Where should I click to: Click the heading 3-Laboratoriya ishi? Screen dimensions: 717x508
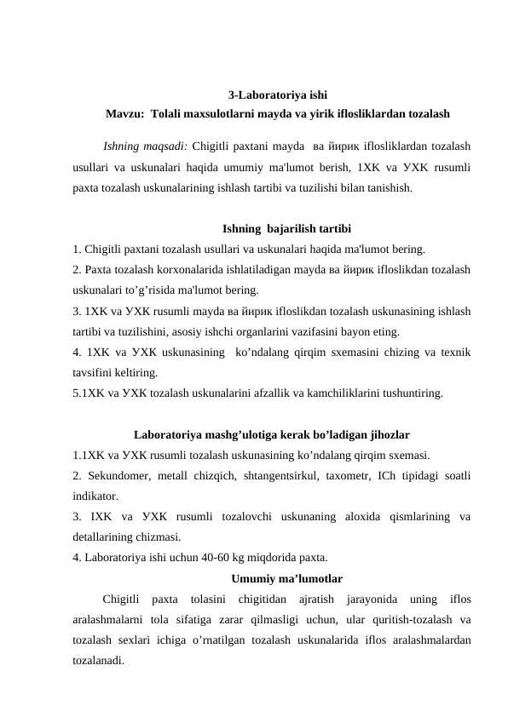(x=277, y=95)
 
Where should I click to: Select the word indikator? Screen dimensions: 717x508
(x=95, y=495)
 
